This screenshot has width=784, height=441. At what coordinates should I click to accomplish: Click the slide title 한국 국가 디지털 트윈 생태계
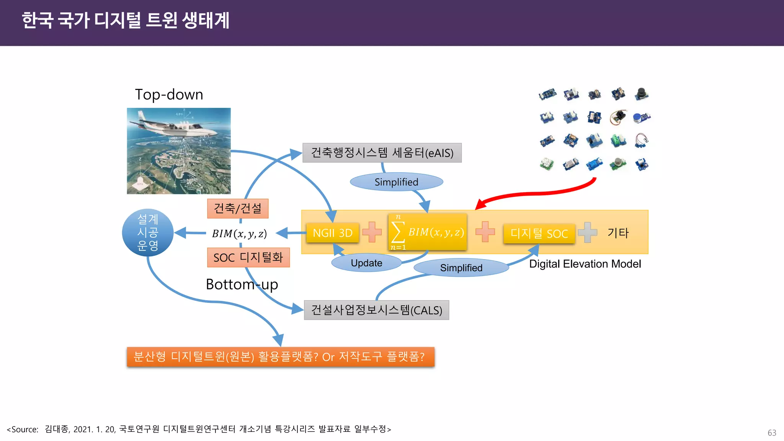[126, 21]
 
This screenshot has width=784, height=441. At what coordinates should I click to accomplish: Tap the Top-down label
[169, 95]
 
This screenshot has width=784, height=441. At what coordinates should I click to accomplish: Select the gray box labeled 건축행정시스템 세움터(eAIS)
[382, 153]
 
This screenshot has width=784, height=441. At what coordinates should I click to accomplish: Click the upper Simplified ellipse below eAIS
[396, 182]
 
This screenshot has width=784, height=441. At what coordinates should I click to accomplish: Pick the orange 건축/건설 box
[238, 209]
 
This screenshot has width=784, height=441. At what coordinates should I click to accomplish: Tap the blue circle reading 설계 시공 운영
[148, 233]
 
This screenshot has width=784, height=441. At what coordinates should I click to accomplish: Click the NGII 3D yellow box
[332, 233]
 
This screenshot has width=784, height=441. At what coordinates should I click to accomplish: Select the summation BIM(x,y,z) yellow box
[428, 232]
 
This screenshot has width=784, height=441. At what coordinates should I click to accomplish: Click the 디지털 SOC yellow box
[539, 234]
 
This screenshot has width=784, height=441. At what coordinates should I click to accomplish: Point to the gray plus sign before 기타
[588, 232]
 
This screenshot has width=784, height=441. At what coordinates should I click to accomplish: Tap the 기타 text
[618, 233]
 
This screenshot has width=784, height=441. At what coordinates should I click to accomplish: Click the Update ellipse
[366, 263]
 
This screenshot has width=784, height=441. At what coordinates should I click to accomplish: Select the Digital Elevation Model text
[585, 264]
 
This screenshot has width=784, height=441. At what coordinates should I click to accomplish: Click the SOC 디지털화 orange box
[248, 258]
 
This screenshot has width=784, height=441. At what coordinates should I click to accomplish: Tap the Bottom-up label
[242, 284]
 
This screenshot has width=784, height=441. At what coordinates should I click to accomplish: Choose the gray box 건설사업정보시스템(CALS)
[376, 310]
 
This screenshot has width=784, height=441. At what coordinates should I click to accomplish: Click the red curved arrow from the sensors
[536, 193]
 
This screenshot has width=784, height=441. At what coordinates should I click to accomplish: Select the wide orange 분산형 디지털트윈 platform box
[280, 357]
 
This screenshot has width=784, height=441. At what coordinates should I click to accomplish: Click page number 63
[772, 433]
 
